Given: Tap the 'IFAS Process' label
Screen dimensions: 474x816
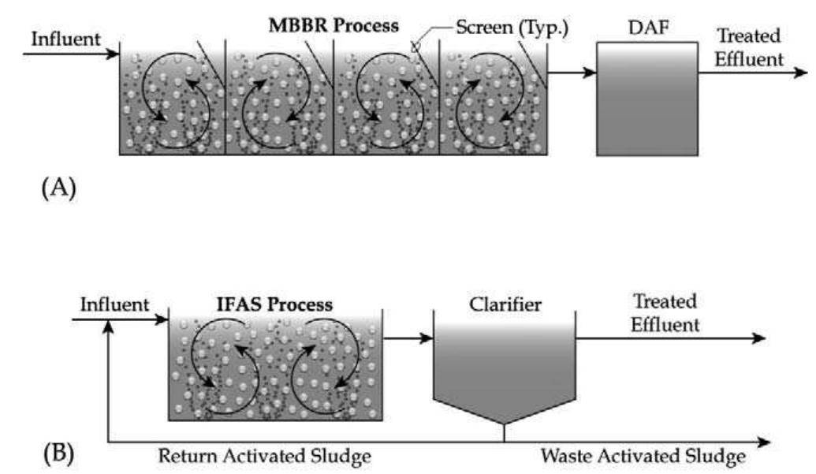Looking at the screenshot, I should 274,304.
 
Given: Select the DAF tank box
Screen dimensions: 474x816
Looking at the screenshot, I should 646,99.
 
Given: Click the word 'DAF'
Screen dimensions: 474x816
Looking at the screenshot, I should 646,26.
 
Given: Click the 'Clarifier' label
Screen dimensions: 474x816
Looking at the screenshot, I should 505,304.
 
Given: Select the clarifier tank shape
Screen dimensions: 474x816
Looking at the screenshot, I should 505,371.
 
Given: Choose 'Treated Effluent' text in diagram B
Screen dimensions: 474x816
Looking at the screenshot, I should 664,312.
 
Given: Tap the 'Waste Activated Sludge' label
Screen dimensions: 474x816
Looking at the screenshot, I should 643,456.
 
